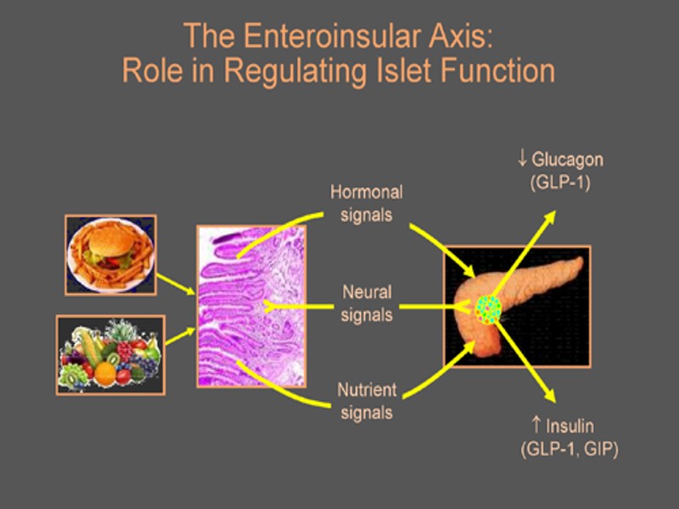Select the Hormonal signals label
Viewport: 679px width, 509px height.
(x=366, y=203)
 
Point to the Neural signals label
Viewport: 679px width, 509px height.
(x=367, y=304)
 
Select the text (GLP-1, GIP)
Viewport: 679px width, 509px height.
(x=569, y=448)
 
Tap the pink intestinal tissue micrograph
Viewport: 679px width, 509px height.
(x=251, y=305)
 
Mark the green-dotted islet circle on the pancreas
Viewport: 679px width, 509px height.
(x=488, y=309)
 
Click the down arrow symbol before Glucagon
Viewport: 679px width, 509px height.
(x=523, y=159)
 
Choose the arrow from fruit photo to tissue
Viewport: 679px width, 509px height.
(x=179, y=337)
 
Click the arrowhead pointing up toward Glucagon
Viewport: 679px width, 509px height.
(x=551, y=215)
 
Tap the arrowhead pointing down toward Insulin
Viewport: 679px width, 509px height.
(x=551, y=397)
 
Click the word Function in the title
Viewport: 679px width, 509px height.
(x=498, y=70)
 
